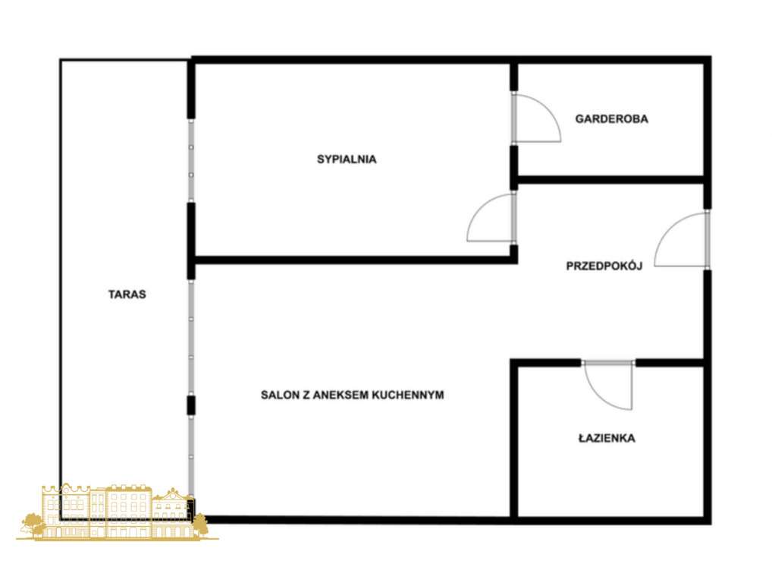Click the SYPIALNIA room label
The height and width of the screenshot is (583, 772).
[347, 159]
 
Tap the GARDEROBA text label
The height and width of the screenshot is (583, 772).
[611, 119]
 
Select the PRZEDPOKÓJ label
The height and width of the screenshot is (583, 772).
[604, 266]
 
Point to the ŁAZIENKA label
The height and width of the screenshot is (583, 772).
[606, 438]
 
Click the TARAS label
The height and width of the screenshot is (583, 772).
[127, 295]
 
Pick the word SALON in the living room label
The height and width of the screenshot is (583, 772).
[278, 395]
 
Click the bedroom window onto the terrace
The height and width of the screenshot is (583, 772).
[191, 160]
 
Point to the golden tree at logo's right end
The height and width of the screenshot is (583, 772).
[200, 524]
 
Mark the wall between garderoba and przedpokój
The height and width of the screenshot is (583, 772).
[610, 180]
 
